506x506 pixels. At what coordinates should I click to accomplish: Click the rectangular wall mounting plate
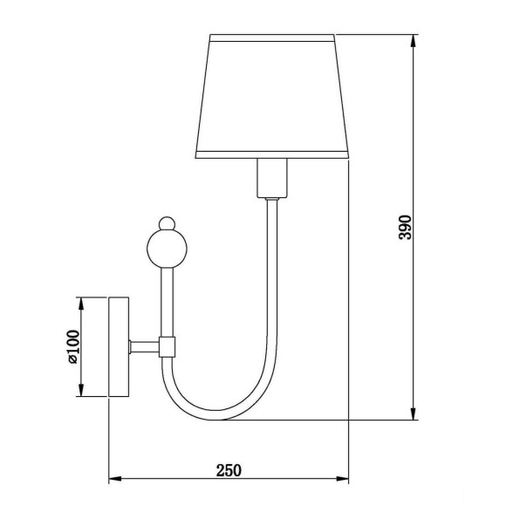(118, 346)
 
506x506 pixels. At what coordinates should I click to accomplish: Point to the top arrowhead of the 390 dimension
(413, 40)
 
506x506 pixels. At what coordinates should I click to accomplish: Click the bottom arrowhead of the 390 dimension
(413, 415)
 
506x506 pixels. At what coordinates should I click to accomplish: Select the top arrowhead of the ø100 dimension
(82, 302)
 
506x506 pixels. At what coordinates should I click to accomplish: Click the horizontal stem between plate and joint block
(143, 346)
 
